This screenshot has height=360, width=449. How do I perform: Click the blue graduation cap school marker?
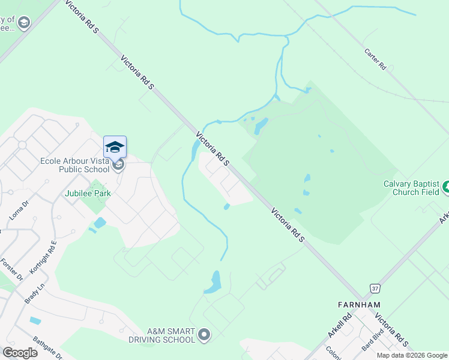click(x=115, y=146)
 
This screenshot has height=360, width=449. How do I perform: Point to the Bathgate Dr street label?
click(x=48, y=347)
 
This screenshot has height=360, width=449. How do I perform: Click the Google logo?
click(x=20, y=353)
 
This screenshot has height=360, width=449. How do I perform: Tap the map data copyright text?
click(x=412, y=355)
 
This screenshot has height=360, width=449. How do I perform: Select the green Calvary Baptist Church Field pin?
click(x=445, y=187)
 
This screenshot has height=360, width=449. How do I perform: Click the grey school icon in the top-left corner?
click(x=24, y=23)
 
